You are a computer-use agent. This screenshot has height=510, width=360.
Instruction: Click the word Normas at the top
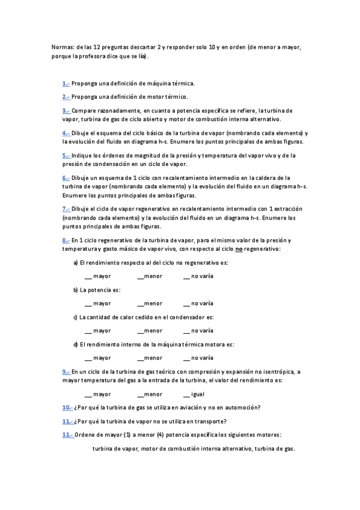[63, 46]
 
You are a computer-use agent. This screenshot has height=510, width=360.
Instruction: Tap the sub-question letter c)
[75, 317]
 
